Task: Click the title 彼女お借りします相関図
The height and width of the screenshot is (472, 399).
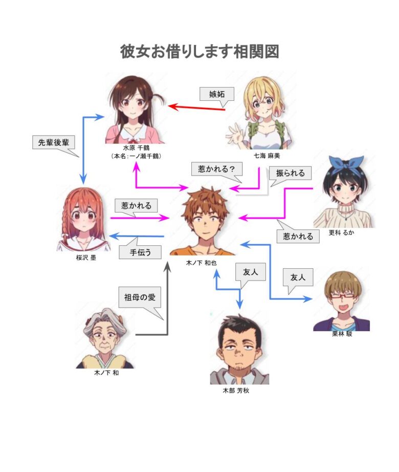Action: [x=199, y=52]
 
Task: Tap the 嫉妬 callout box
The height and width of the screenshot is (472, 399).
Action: [x=217, y=94]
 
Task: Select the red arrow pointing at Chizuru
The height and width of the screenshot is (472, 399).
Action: [x=196, y=108]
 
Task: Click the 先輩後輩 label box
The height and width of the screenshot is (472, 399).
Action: [x=53, y=142]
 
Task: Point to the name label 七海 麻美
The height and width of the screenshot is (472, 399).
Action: [x=267, y=156]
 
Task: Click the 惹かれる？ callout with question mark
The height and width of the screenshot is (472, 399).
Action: [x=217, y=169]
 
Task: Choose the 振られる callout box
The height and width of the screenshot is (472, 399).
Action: [x=290, y=173]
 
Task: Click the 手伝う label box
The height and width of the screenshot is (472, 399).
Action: [x=140, y=252]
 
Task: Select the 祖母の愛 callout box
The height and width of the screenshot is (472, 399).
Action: [x=140, y=297]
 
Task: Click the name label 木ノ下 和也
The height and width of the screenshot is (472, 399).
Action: [x=201, y=263]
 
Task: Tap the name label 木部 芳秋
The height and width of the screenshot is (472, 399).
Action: [x=236, y=391]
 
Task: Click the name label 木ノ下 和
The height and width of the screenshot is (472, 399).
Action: [x=106, y=373]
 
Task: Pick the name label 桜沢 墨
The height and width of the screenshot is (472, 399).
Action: [x=86, y=258]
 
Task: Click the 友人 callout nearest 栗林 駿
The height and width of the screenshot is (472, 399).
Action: [x=298, y=277]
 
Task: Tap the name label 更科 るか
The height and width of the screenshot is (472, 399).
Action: [x=341, y=232]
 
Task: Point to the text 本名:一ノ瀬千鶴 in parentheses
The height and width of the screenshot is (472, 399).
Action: [x=136, y=156]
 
